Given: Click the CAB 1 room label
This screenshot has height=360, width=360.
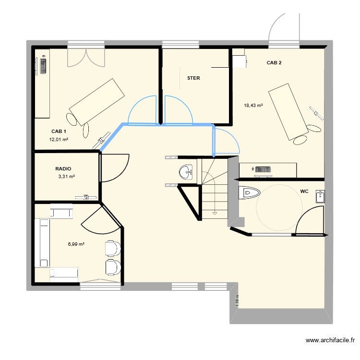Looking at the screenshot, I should pyautogui.click(x=59, y=131).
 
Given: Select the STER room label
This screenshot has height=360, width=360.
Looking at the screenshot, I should pyautogui.click(x=193, y=78).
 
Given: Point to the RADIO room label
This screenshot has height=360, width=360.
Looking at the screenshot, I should pyautogui.click(x=63, y=169).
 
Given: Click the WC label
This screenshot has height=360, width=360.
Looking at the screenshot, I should pyautogui.click(x=304, y=192).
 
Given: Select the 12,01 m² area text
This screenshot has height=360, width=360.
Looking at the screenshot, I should pyautogui.click(x=59, y=140).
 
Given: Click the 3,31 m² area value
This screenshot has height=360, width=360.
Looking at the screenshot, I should pyautogui.click(x=66, y=177).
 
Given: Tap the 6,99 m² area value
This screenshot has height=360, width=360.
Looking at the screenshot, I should pyautogui.click(x=76, y=244).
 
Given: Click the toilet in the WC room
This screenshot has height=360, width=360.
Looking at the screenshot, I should pyautogui.click(x=249, y=193).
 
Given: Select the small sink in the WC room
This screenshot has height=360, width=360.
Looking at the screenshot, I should pyautogui.click(x=320, y=196).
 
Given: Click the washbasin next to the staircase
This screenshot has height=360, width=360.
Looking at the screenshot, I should pyautogui.click(x=185, y=171).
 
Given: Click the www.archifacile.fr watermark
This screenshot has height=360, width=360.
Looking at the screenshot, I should pyautogui.click(x=330, y=340).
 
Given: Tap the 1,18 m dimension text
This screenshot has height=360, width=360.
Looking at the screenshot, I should pyautogui.click(x=237, y=300).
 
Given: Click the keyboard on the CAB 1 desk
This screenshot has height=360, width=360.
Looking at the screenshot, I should pyautogui.click(x=44, y=64).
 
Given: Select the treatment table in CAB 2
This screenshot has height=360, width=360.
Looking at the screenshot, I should pyautogui.click(x=288, y=112).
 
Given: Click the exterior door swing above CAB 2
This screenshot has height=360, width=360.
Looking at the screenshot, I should pyautogui.click(x=284, y=29).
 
